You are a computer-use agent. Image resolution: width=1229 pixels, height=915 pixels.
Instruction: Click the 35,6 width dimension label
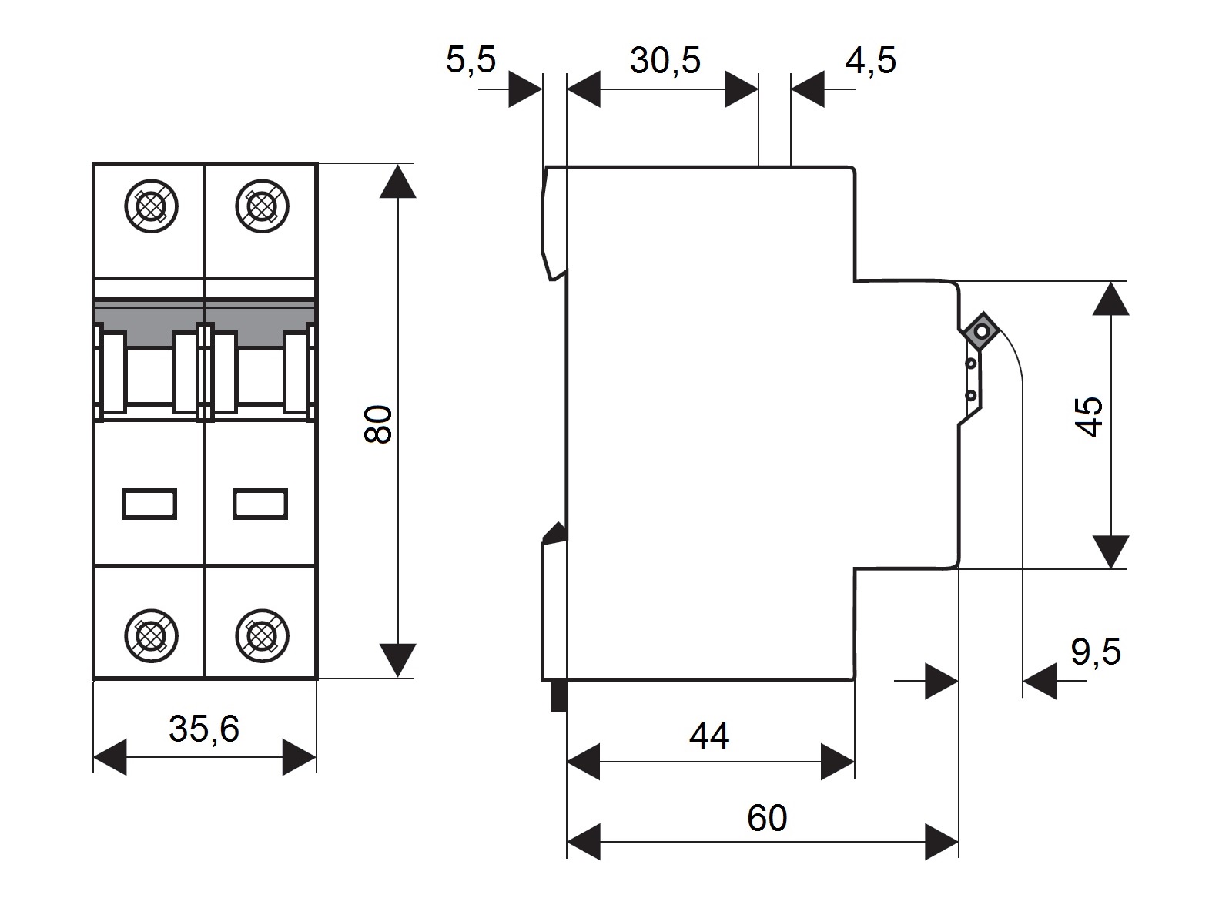(x=204, y=729)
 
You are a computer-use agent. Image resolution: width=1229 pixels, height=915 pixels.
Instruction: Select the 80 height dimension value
(x=378, y=424)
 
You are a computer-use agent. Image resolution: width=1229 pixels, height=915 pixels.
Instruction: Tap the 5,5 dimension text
(x=471, y=60)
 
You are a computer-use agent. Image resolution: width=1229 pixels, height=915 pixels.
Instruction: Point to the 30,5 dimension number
(x=665, y=60)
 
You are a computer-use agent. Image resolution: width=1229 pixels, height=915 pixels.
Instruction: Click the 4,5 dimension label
(x=870, y=60)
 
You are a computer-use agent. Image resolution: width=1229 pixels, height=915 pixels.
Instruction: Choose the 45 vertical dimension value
(x=1089, y=417)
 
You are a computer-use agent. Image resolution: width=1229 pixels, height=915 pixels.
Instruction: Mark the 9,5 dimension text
(x=1096, y=652)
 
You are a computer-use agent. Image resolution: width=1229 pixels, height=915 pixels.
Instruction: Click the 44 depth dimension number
(x=709, y=736)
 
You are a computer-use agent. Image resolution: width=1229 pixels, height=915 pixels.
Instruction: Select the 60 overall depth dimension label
(x=767, y=817)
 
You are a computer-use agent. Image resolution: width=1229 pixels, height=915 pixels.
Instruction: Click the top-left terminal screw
(x=151, y=206)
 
